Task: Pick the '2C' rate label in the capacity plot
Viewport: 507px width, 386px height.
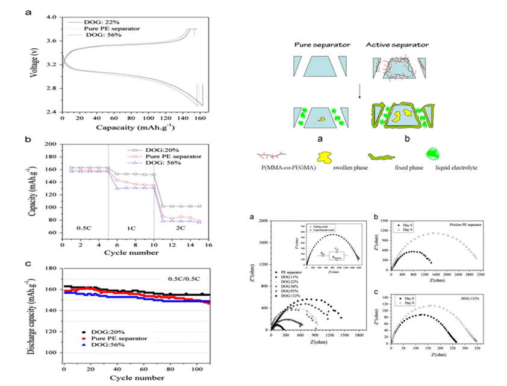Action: [x=181, y=228]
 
